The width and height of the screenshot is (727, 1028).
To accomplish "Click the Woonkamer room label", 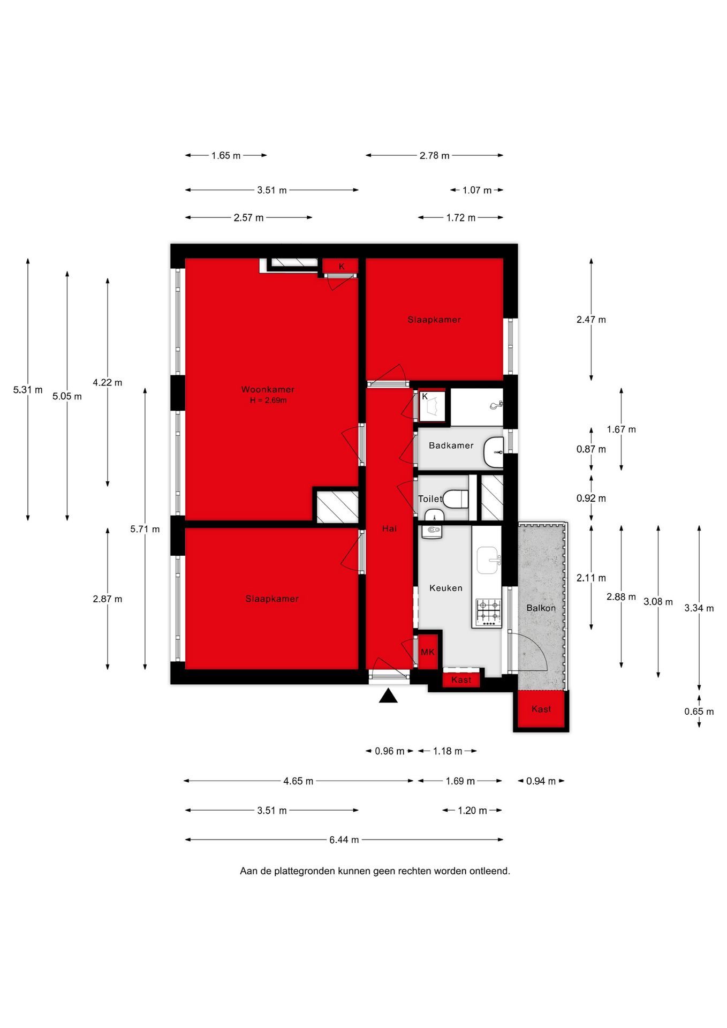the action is [x=268, y=389].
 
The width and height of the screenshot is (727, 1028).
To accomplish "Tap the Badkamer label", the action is [x=451, y=445].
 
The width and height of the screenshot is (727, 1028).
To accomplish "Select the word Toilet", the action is [x=430, y=498].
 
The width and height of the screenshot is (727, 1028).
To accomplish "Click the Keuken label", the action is [x=445, y=588].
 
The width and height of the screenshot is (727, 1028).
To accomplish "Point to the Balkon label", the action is [x=541, y=608].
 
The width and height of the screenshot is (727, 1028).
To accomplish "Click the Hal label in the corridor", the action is [x=389, y=528].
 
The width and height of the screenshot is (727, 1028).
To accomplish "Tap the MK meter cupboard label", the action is [x=428, y=652].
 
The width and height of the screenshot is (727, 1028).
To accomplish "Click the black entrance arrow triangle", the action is [x=388, y=696].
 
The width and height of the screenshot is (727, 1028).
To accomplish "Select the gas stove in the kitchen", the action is [x=489, y=613].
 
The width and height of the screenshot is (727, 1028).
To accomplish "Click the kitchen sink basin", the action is [x=487, y=560].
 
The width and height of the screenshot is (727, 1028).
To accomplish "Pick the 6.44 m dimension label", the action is [x=344, y=840].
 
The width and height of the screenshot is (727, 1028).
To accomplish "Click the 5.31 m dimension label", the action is [x=28, y=390].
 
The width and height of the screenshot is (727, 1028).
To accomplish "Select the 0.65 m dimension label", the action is [x=699, y=712].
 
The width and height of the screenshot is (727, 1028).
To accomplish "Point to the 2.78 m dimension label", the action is [x=434, y=155].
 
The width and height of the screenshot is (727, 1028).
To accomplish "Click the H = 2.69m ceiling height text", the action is [x=268, y=400].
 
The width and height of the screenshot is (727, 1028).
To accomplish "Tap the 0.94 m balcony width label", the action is [x=541, y=781].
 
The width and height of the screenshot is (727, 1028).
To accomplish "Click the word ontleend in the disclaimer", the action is [x=490, y=871].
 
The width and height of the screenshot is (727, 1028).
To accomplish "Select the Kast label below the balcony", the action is [x=541, y=709].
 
